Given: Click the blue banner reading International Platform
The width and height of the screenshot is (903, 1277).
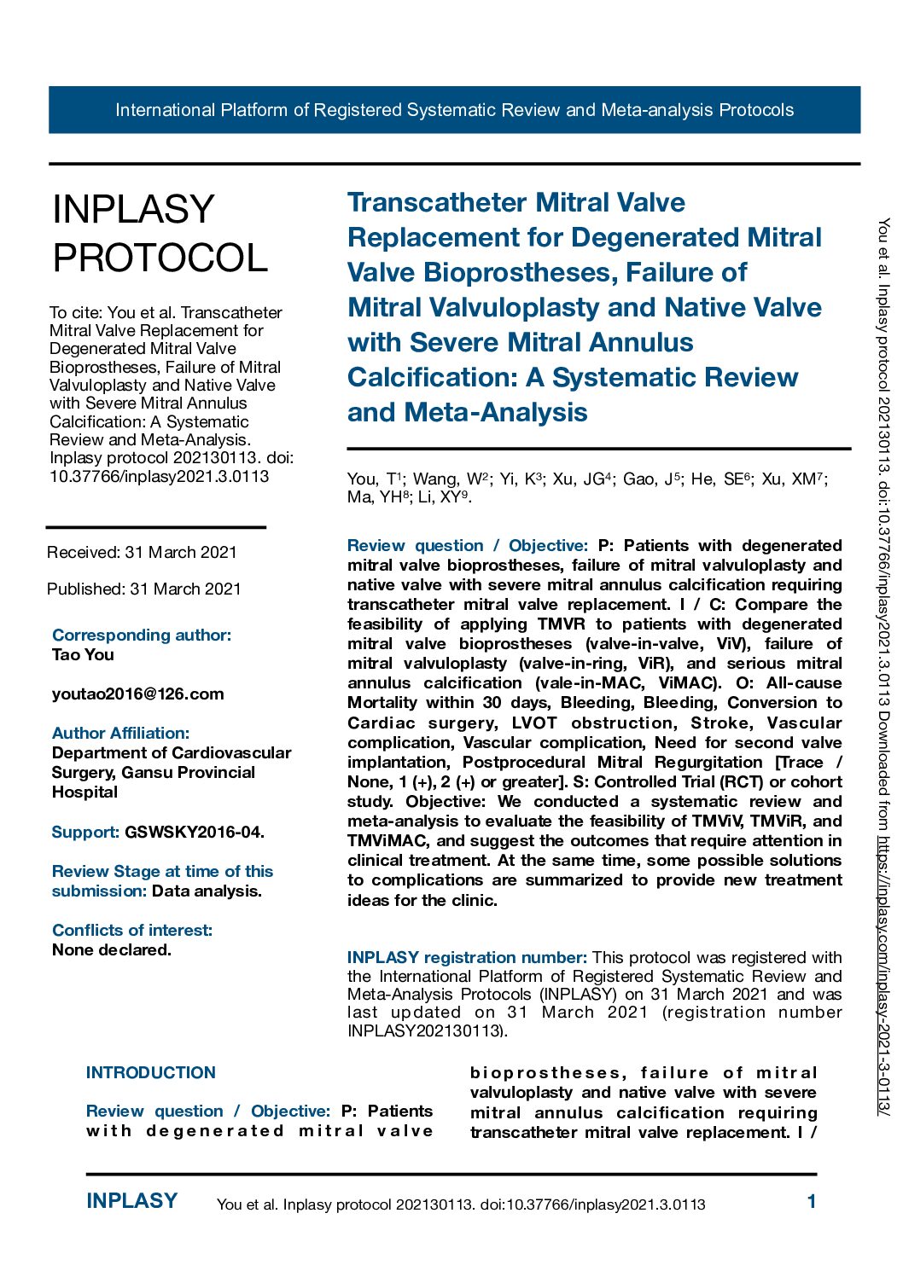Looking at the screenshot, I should [454, 110].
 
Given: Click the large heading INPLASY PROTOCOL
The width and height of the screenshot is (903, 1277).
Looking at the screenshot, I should [160, 233].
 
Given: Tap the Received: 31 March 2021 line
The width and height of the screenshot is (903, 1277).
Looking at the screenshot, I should [142, 552].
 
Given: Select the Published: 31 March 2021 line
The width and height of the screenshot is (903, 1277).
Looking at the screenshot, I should [144, 589].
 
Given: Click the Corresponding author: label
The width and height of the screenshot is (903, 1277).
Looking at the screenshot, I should [142, 635].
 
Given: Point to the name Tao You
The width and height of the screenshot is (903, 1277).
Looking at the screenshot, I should [83, 654].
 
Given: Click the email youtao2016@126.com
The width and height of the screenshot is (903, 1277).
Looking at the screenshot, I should [137, 694].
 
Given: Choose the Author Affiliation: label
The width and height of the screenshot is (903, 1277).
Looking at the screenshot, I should [120, 733].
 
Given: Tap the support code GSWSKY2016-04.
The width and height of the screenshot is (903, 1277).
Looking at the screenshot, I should [195, 832].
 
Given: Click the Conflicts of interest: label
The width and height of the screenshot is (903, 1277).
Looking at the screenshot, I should [132, 930].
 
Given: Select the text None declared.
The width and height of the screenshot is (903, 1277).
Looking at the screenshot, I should [111, 949].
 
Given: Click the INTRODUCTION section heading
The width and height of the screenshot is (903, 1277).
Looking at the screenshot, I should [151, 1072].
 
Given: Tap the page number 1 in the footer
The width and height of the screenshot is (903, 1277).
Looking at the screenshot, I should [812, 1202].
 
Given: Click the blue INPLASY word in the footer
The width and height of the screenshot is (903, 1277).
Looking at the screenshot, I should [131, 1201].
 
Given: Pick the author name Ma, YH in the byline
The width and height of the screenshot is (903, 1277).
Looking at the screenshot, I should [375, 497].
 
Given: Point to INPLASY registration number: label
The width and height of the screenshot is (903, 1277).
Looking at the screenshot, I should [467, 957].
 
